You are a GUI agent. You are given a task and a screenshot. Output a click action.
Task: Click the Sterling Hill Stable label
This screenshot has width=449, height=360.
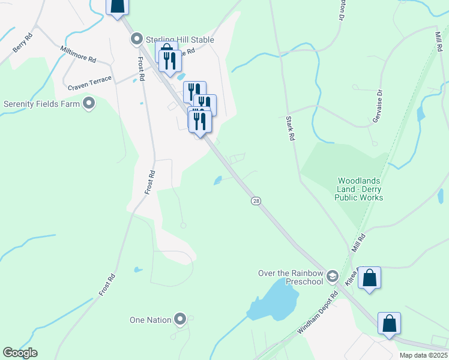[180, 40]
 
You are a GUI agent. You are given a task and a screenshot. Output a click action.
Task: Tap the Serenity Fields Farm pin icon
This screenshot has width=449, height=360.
[89, 104]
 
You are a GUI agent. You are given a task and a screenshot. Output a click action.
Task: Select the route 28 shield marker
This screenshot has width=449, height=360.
[256, 201]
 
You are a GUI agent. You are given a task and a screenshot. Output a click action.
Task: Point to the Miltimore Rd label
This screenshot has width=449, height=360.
[78, 55]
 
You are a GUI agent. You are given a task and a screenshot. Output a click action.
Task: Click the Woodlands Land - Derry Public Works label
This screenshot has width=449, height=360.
[360, 189]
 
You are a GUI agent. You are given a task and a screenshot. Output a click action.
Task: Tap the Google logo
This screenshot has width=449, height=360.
[20, 353]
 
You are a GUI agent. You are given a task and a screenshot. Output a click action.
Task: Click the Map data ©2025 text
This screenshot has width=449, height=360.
[423, 355]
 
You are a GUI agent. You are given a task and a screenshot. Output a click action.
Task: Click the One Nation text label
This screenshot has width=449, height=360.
[151, 320]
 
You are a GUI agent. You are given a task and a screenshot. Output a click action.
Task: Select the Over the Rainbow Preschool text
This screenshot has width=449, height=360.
[291, 277]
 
